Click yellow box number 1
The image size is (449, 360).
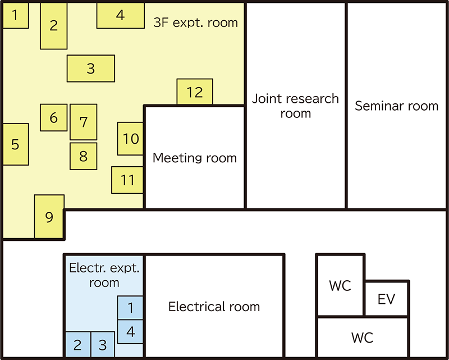pos(15,16)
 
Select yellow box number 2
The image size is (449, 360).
pos(54,26)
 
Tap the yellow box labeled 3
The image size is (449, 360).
pos(91,69)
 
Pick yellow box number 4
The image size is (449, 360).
pos(120,16)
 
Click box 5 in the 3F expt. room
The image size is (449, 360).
pos(15,144)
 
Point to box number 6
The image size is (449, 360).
pos(54,118)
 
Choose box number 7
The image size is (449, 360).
pos(83,122)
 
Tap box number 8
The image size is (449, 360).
pos(83,156)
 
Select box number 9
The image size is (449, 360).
pos(49,217)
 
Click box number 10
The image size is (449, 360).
pos(130,139)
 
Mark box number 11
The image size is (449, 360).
pos(127,180)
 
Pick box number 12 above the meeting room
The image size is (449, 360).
pos(195,92)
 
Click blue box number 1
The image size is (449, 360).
pos(130,308)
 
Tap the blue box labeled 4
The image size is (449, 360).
pos(130,331)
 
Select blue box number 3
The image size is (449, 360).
pos(102,344)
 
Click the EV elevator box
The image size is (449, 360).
pos(386,298)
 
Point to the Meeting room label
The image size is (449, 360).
pos(195,158)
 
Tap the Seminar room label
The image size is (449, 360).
pos(396,106)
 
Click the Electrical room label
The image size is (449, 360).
pos(214,307)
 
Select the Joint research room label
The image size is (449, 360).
pos(295,106)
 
